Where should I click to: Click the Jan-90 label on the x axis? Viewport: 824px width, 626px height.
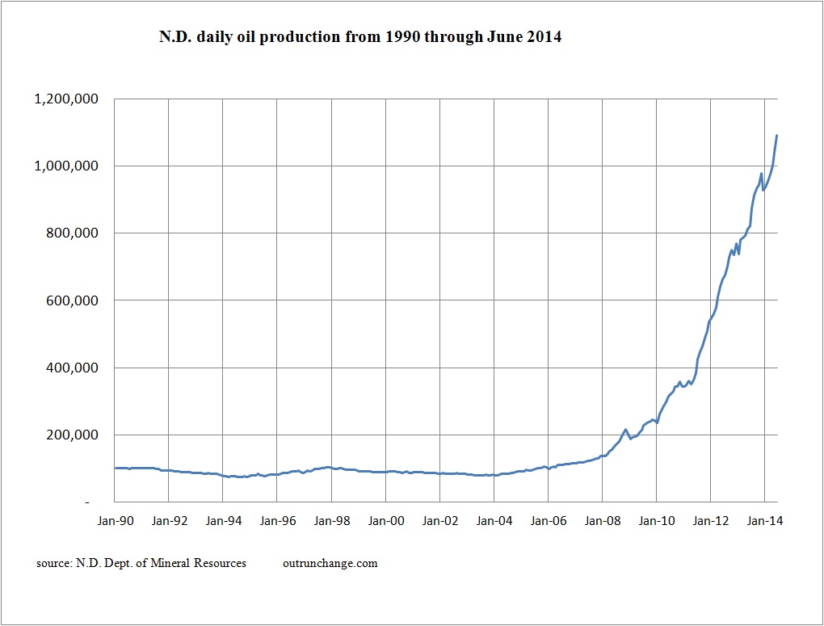click(x=115, y=521)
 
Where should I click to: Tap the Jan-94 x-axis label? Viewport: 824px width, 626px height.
click(x=223, y=521)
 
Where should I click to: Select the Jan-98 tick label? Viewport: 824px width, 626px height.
click(x=331, y=521)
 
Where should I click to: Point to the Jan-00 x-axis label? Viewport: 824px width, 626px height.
click(x=386, y=521)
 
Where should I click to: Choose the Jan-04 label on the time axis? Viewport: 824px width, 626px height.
click(x=494, y=521)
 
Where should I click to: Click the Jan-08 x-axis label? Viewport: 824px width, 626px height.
click(x=603, y=521)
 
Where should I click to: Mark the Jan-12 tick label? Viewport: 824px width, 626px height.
click(x=711, y=521)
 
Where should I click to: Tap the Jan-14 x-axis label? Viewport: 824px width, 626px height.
click(x=765, y=521)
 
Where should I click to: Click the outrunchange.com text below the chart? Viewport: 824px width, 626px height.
click(x=330, y=563)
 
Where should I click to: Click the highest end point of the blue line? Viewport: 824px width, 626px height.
click(x=776, y=135)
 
